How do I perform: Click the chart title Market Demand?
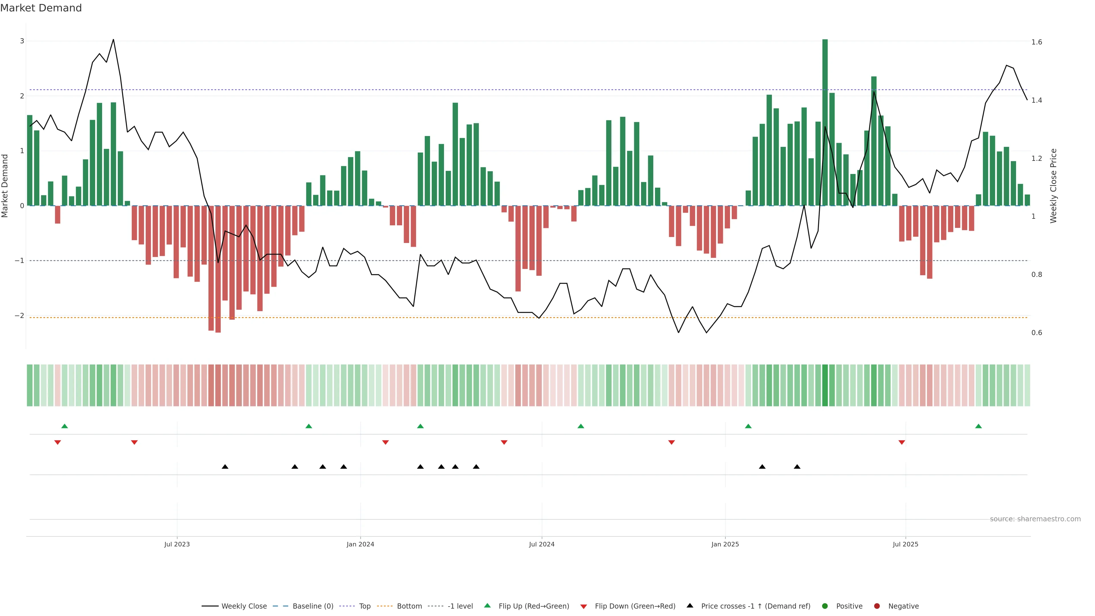(x=41, y=8)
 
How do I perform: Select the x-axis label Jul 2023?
(x=177, y=544)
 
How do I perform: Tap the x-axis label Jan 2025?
(x=725, y=544)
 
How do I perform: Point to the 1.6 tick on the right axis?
(x=1036, y=42)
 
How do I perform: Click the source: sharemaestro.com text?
(x=1035, y=519)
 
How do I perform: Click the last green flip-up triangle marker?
(x=978, y=426)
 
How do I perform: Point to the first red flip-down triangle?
(x=57, y=443)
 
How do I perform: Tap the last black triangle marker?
(x=797, y=467)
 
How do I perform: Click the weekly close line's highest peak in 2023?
(x=113, y=40)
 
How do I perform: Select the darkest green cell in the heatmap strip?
(x=825, y=385)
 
